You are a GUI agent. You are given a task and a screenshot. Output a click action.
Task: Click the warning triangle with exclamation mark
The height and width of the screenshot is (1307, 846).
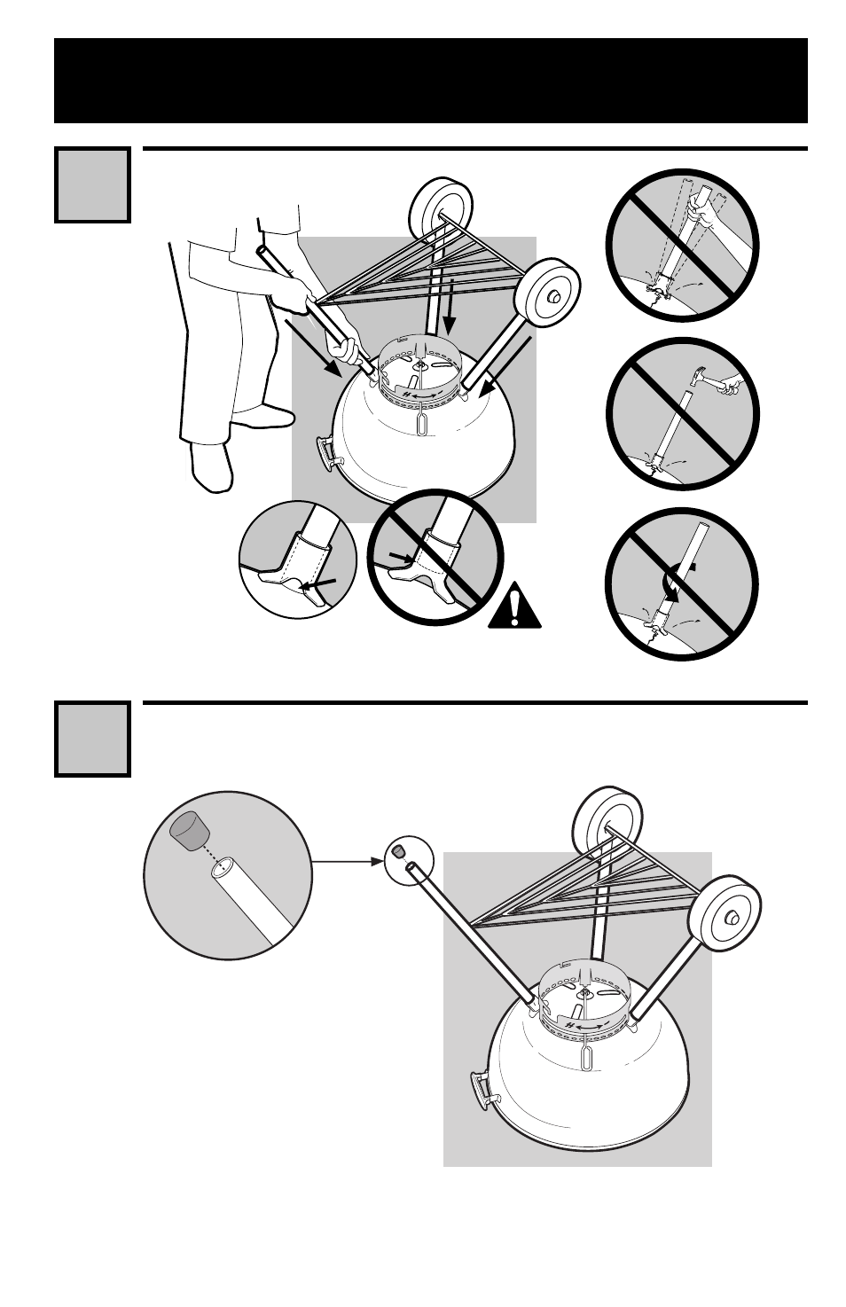pos(513,607)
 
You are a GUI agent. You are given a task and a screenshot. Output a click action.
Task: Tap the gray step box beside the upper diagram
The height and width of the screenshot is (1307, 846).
pos(92,184)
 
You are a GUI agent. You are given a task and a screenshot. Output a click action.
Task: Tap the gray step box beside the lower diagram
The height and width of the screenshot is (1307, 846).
pos(92,739)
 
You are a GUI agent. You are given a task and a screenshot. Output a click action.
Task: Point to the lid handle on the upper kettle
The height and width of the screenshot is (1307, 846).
pos(329,451)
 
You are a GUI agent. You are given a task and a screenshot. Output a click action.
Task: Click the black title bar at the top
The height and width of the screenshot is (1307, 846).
pos(430,80)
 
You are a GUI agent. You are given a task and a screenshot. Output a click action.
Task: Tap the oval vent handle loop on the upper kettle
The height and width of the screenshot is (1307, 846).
pos(422,423)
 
